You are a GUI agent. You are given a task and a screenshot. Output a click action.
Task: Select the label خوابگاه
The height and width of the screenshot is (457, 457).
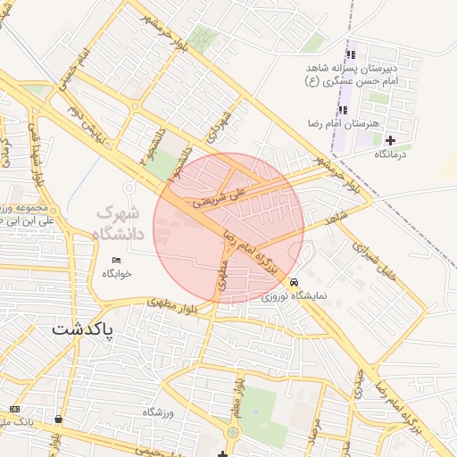click(x=116, y=274)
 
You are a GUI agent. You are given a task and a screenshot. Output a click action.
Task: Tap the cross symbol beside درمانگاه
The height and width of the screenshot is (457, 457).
click(x=390, y=140)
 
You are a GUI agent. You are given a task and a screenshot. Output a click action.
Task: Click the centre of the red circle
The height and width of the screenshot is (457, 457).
click(x=229, y=227)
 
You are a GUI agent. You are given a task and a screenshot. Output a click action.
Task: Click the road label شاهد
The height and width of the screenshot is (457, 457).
click(x=334, y=217)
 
